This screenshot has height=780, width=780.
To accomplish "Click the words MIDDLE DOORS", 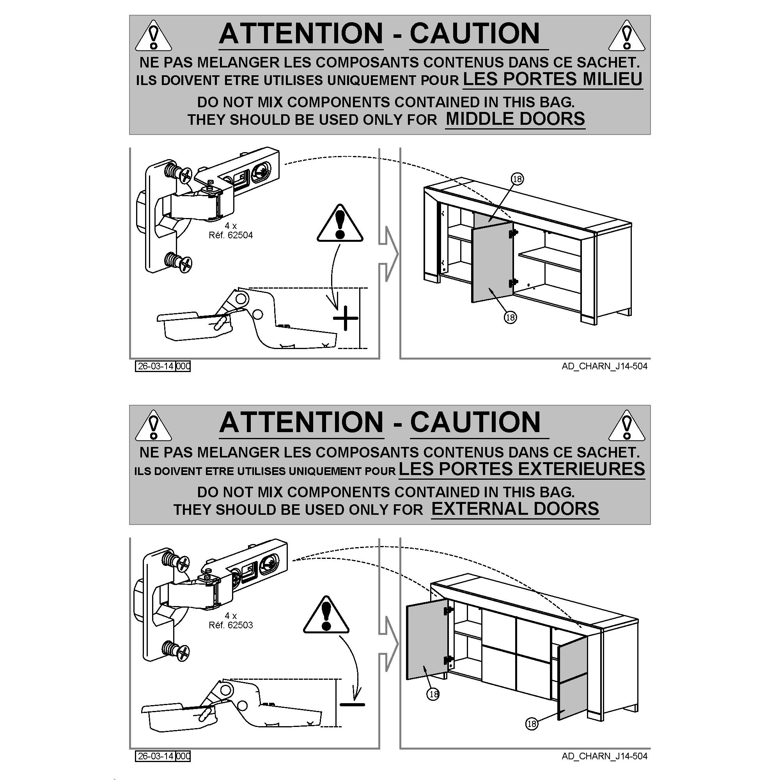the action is pyautogui.click(x=515, y=119).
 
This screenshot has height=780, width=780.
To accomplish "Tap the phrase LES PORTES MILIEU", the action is pyautogui.click(x=552, y=79).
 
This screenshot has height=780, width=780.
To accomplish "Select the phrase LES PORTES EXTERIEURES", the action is pyautogui.click(x=521, y=469).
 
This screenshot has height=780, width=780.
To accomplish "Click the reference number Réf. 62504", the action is pyautogui.click(x=230, y=235).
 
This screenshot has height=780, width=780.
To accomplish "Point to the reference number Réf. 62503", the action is pyautogui.click(x=230, y=625).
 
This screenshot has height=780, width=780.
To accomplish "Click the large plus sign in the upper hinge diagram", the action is pyautogui.click(x=346, y=318).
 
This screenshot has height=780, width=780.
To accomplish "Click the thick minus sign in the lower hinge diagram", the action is pyautogui.click(x=352, y=704).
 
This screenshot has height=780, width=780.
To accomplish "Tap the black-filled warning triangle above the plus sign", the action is pyautogui.click(x=340, y=224).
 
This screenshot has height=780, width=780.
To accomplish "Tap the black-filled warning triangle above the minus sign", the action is pyautogui.click(x=326, y=615).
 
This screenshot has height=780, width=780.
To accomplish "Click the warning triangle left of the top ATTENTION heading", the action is pyautogui.click(x=153, y=36).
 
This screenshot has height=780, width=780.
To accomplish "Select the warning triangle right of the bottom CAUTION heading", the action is pyautogui.click(x=626, y=425).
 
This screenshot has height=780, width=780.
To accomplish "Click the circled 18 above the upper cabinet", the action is pyautogui.click(x=517, y=179).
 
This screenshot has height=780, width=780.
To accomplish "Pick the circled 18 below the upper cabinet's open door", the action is pyautogui.click(x=510, y=317).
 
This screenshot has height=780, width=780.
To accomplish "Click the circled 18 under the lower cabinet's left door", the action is pyautogui.click(x=433, y=695).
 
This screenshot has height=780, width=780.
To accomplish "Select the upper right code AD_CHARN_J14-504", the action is pyautogui.click(x=604, y=366).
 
